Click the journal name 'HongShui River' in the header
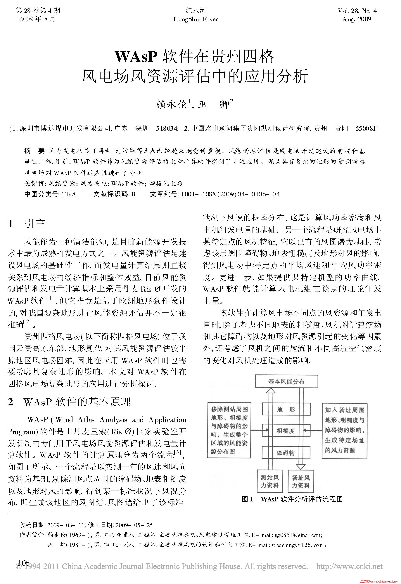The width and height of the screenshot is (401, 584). (196, 19)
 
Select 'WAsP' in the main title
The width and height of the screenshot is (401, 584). (136, 57)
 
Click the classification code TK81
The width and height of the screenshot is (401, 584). (70, 194)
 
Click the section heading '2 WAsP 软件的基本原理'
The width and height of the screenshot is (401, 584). (69, 402)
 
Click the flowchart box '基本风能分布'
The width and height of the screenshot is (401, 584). (286, 381)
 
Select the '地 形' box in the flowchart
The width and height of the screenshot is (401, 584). (286, 410)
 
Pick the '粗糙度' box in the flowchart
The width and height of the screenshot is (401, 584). (286, 431)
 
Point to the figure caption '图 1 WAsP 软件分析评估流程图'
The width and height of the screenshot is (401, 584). (292, 499)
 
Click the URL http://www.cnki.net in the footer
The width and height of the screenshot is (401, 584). (349, 566)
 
